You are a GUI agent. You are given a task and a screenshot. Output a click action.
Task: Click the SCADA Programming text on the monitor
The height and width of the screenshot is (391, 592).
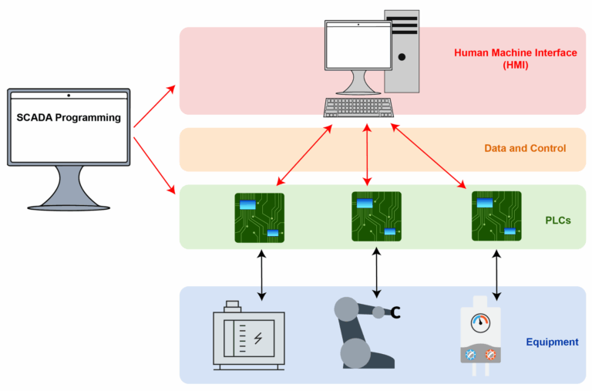point(69,118)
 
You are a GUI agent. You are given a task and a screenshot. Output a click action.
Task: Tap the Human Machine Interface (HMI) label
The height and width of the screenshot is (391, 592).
point(515,59)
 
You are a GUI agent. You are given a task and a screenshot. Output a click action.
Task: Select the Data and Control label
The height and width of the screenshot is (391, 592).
point(526,148)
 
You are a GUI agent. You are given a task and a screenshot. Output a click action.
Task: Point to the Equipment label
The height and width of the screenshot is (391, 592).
point(552,342)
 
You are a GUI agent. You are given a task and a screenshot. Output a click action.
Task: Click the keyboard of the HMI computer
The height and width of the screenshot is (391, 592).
point(358,107)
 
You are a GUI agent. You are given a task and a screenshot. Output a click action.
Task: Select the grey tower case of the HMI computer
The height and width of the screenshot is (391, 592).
point(402,51)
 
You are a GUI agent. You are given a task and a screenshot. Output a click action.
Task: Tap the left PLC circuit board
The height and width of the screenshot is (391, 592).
point(259,217)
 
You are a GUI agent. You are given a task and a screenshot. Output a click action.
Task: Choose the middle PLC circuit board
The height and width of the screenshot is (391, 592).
point(377,216)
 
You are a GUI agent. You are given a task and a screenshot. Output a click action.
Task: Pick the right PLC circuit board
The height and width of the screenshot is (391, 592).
point(496,216)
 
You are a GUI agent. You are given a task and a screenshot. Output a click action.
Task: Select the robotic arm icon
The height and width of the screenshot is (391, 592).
point(362,332)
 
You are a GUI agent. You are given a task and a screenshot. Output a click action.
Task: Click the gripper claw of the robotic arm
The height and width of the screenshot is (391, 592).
point(396,312)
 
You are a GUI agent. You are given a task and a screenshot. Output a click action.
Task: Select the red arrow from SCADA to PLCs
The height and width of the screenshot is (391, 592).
point(154,165)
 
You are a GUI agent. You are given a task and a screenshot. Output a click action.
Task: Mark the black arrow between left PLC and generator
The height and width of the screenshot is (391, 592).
point(262,275)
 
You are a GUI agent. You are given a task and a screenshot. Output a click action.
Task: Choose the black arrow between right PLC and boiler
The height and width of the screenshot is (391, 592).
point(496,273)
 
